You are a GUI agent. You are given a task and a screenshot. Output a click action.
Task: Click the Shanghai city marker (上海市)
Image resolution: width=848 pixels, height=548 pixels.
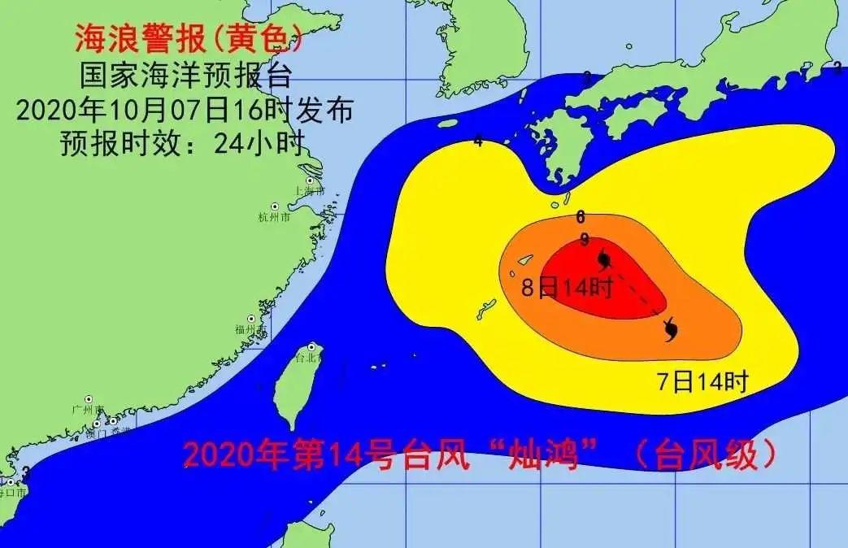pos(310,181)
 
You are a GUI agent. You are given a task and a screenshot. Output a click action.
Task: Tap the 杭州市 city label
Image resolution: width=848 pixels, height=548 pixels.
pos(268,217)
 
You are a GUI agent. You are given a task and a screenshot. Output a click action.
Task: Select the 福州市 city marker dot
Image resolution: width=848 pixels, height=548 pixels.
pos(251,319)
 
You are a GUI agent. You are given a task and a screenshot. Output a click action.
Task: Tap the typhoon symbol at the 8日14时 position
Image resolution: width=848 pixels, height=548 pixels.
pos(604,259)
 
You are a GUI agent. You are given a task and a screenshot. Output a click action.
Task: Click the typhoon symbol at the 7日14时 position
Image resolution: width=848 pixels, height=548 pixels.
pos(670,329)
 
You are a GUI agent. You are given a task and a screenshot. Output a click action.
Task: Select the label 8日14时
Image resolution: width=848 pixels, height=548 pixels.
pos(566,286)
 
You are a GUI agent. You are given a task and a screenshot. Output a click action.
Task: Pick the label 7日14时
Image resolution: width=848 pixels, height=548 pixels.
pos(702,381)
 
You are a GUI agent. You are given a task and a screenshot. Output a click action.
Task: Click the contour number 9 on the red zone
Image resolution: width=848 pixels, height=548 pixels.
pos(584,239)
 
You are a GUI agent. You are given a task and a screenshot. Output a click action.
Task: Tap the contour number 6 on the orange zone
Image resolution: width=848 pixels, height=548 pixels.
pos(581,217)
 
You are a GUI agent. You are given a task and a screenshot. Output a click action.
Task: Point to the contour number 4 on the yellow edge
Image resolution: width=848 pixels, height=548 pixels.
pos(478,141)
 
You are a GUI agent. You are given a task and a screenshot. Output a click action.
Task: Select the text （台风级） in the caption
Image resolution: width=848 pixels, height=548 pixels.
pos(704,455)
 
